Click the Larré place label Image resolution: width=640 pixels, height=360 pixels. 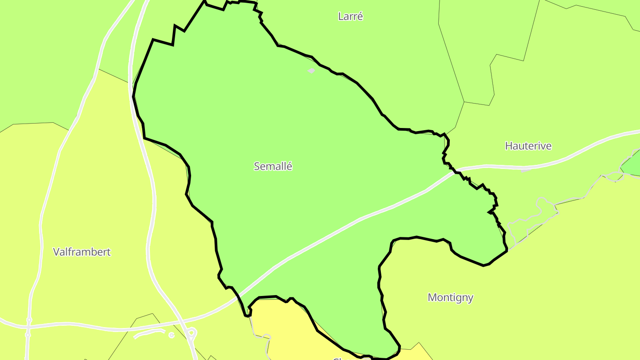click(x=350, y=16)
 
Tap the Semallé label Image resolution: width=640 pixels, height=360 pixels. click(x=273, y=166)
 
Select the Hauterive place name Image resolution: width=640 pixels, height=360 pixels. click(x=528, y=146)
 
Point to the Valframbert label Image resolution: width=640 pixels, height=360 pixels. click(x=82, y=252)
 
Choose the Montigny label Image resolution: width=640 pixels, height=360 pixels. click(x=450, y=297)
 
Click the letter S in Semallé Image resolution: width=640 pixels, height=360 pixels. click(x=257, y=166)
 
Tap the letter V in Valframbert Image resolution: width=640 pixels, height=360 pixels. click(x=56, y=252)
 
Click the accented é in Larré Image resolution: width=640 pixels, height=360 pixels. click(x=360, y=16)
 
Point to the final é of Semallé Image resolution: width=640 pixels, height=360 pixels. click(x=289, y=166)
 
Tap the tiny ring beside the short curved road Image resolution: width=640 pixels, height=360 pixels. click(x=172, y=335)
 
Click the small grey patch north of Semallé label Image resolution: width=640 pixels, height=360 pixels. click(x=312, y=70)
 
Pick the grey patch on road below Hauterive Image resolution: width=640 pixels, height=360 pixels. click(x=524, y=170)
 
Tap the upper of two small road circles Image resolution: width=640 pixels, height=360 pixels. click(x=29, y=320)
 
